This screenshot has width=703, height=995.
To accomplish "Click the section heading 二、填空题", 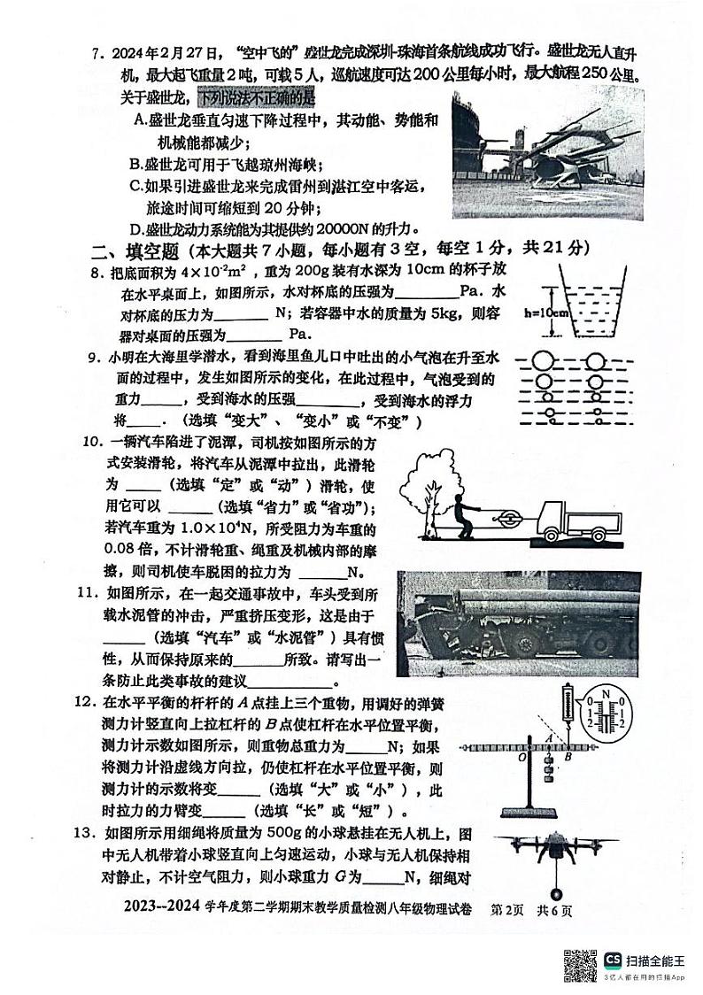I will coord(133,249).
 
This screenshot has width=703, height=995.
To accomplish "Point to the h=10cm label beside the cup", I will coord(543,312).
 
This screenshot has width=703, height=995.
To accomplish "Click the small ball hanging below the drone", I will coord(557,891).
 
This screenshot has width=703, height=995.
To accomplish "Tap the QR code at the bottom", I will coord(579,966).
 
